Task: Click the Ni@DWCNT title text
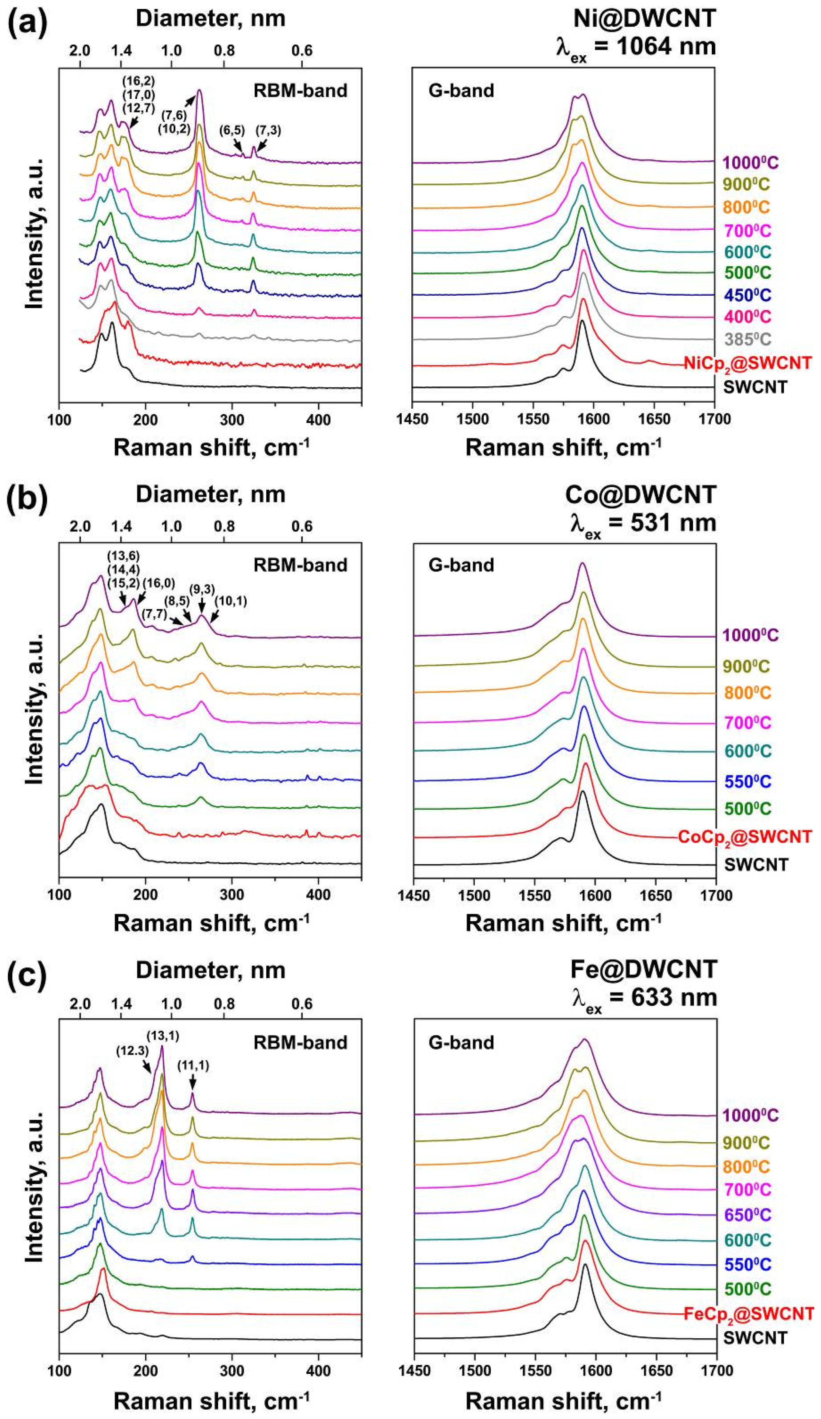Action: [644, 19]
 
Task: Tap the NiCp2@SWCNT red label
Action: [747, 363]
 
